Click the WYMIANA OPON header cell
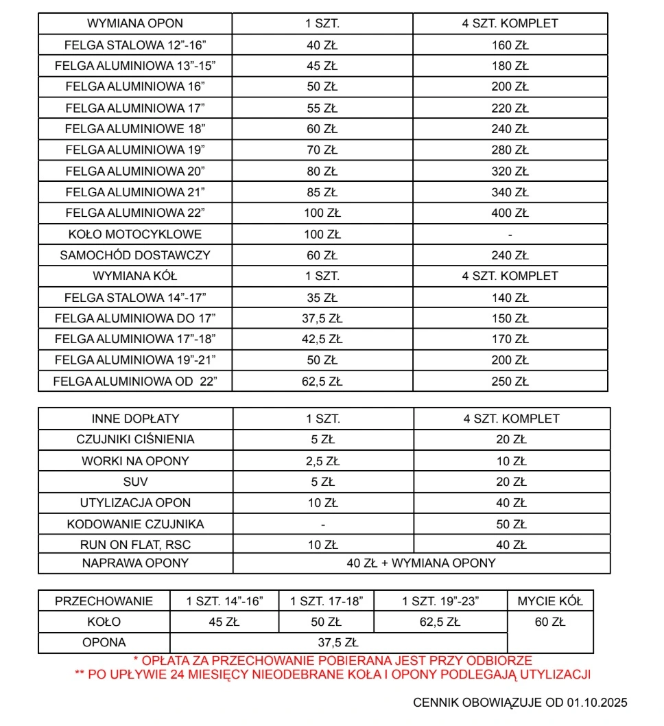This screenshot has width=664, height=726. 135,23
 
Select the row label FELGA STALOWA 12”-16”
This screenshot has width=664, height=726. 135,45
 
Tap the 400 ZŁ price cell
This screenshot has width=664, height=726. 510,213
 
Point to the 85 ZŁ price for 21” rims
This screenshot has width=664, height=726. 322,192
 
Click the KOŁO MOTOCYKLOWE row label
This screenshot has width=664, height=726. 135,234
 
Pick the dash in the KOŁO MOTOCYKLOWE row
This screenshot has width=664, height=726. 510,235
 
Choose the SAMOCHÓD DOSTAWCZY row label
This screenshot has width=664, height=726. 135,255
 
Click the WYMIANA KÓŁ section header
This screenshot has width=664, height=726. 135,276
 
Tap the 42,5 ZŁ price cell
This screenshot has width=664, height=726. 322,339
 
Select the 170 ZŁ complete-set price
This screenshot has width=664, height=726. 510,339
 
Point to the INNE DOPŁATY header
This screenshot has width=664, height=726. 135,419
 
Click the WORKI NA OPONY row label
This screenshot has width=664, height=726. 135,460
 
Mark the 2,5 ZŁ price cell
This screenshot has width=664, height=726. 323,460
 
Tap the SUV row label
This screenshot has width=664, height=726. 135,482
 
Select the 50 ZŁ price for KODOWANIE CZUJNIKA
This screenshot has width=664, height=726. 511,524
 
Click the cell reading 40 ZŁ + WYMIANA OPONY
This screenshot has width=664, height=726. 421,563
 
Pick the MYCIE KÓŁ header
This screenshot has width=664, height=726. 550,601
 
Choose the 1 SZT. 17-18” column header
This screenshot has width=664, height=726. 327,601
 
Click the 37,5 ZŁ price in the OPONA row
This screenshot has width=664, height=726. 338,643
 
